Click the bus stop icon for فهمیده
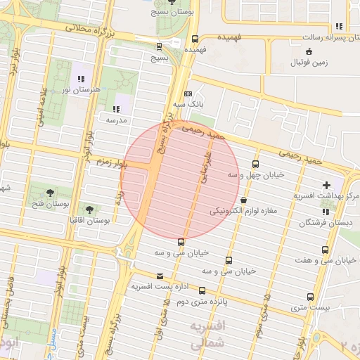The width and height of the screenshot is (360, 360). pos(195,39)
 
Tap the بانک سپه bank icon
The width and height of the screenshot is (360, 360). pos(188,94)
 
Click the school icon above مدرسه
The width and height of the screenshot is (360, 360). pos(116,109)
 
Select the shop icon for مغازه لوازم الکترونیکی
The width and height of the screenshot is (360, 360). pos(243,200)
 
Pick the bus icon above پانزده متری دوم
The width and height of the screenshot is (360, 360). pos(202,290)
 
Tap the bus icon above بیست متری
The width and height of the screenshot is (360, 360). pos(310,297)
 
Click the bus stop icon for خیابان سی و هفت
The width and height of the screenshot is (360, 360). pos(325,250)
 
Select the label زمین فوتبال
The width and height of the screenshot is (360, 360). pos(309,63)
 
